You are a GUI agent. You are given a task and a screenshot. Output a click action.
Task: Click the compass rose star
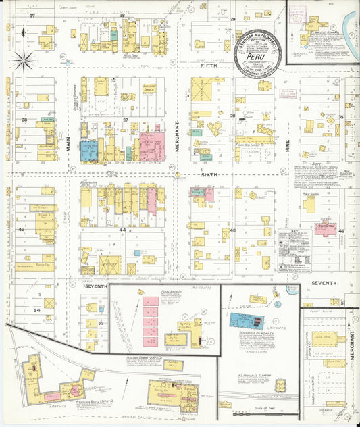click(24, 61)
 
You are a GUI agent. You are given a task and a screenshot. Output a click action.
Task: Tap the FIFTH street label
click(205, 67)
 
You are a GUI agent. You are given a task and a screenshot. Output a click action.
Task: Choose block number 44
click(123, 230)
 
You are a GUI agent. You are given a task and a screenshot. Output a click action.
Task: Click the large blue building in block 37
click(89, 149)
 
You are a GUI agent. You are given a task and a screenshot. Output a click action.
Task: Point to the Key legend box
click(293, 250)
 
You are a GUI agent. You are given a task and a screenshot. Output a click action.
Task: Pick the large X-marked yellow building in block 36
click(201, 89)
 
